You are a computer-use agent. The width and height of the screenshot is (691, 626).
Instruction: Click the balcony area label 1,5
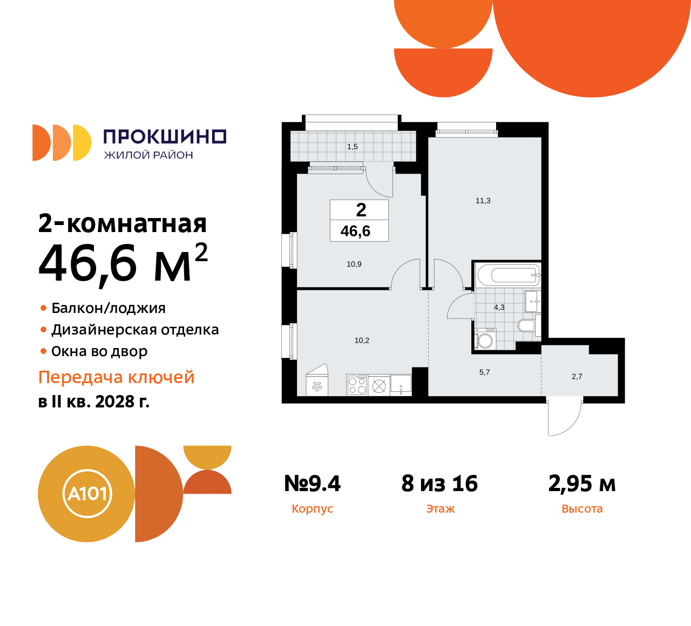click(353, 147)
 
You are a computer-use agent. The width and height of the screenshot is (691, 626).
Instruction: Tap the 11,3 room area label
click(483, 201)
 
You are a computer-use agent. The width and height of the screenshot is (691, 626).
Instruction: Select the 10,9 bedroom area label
click(354, 264)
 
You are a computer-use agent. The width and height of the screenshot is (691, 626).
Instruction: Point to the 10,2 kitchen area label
click(362, 341)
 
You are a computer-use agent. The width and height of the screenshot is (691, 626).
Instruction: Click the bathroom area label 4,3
click(499, 308)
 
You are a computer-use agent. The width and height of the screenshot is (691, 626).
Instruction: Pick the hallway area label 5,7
click(485, 372)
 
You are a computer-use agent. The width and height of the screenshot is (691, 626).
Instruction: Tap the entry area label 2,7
click(577, 377)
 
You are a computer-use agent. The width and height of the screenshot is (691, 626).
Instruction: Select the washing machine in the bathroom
click(485, 340)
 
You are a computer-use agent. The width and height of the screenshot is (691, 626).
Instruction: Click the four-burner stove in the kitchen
click(357, 385)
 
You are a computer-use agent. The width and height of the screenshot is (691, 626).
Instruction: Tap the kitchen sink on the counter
click(401, 384)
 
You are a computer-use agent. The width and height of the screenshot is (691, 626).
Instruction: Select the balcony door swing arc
click(380, 182)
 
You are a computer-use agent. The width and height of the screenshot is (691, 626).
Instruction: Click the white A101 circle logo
click(87, 494)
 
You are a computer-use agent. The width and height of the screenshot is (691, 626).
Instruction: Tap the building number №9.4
click(313, 484)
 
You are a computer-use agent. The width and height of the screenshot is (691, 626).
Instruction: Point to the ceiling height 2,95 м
click(582, 484)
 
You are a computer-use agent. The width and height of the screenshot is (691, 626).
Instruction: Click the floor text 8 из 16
click(439, 484)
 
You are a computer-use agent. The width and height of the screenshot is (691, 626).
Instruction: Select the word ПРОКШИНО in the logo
click(165, 137)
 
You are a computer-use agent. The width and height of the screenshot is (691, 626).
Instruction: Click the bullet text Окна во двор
click(99, 352)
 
